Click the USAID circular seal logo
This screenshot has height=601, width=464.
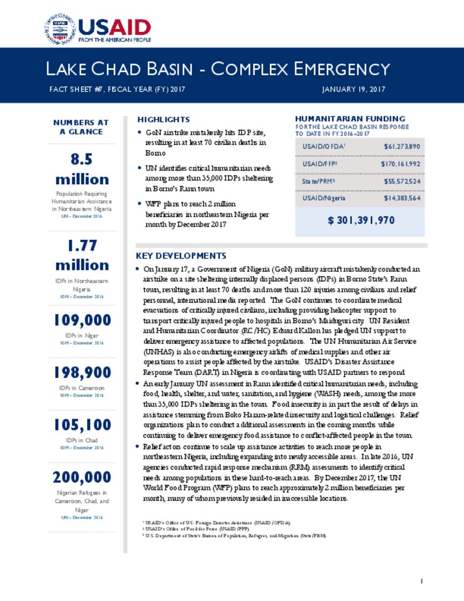point(60,29)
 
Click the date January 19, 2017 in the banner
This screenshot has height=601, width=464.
point(353,89)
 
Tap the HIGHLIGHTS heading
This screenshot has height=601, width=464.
point(164,120)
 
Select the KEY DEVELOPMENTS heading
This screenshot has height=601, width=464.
point(181,256)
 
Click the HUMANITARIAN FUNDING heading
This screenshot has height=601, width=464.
point(350,119)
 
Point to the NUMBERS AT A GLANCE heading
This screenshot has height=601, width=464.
point(81,127)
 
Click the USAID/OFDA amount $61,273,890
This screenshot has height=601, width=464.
point(402,147)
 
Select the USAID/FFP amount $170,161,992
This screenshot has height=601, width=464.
point(401,164)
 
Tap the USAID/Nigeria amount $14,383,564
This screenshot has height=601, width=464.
point(402,198)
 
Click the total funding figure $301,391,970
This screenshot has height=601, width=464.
point(361,220)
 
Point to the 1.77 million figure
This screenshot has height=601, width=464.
point(82,255)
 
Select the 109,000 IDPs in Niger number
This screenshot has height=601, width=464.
point(82,320)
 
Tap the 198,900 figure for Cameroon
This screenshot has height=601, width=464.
point(82,372)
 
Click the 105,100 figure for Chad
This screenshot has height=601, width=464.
point(82,425)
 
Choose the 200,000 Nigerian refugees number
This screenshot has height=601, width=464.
point(82,477)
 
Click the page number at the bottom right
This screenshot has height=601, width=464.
point(421,581)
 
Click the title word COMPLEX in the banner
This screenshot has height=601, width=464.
point(250,69)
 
